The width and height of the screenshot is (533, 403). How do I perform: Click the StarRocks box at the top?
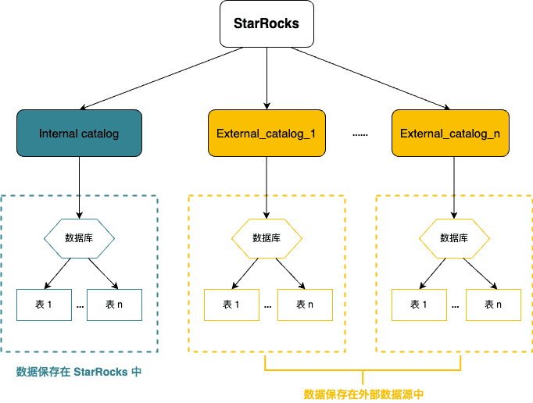coord(266,23)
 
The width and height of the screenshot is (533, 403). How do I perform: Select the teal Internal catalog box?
coord(79,134)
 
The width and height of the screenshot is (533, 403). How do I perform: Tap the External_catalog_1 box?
coord(266,134)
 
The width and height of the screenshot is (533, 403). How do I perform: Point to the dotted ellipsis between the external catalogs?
coord(360,134)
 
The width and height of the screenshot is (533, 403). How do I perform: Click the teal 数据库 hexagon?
coord(79,238)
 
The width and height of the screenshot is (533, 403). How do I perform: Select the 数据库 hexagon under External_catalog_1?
coord(266,238)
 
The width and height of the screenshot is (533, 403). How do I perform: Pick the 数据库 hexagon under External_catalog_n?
coord(454,238)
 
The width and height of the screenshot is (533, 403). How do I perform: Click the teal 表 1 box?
coord(44,305)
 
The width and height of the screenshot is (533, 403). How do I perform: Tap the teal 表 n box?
coord(114,305)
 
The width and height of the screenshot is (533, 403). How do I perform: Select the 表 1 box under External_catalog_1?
coord(231,305)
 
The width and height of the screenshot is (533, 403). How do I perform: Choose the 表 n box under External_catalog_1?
coord(304,305)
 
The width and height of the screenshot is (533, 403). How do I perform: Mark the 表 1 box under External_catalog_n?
coord(419,305)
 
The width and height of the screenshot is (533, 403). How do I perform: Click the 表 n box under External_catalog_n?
coord(493,305)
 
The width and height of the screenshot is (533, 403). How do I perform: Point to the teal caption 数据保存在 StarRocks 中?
coord(79,372)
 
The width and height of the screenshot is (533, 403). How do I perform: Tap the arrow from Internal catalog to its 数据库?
coord(79,187)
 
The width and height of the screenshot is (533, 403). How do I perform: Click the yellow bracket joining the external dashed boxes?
coord(363,369)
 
